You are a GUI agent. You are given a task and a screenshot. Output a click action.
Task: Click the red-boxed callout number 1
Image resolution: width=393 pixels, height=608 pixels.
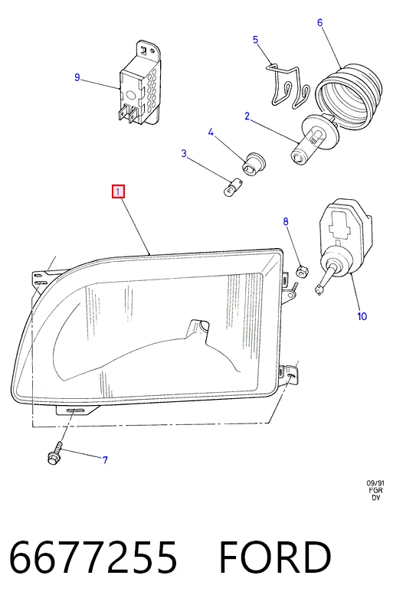click(x=118, y=191)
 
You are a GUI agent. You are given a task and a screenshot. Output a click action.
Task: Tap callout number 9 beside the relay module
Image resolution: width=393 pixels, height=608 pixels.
click(x=77, y=77)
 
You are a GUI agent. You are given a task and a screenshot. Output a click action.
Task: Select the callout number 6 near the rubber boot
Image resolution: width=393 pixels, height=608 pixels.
click(x=319, y=22)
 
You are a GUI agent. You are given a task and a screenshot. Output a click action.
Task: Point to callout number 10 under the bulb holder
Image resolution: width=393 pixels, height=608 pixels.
click(x=362, y=316)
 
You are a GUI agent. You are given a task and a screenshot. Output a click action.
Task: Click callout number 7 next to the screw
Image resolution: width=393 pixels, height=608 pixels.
click(x=105, y=460)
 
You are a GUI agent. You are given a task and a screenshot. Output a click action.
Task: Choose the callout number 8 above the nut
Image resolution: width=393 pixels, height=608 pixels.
click(x=286, y=221)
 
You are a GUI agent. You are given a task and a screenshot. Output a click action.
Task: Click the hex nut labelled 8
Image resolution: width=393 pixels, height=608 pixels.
click(x=302, y=271)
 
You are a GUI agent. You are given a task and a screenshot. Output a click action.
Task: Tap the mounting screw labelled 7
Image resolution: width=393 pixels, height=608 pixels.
click(x=54, y=453)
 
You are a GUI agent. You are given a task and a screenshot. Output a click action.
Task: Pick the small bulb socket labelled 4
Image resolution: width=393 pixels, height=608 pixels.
click(x=253, y=162)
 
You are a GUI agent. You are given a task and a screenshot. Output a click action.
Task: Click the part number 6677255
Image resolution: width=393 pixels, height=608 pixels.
click(x=93, y=557)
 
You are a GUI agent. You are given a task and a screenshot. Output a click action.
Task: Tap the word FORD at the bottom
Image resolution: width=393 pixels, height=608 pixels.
click(x=275, y=557)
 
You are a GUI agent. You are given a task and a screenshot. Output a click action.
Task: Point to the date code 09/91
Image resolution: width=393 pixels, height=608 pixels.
click(x=375, y=483)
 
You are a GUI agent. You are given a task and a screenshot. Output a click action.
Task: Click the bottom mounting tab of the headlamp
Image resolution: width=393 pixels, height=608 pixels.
click(x=77, y=410)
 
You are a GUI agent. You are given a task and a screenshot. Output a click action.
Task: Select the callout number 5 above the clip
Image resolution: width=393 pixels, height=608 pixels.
click(x=255, y=40)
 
